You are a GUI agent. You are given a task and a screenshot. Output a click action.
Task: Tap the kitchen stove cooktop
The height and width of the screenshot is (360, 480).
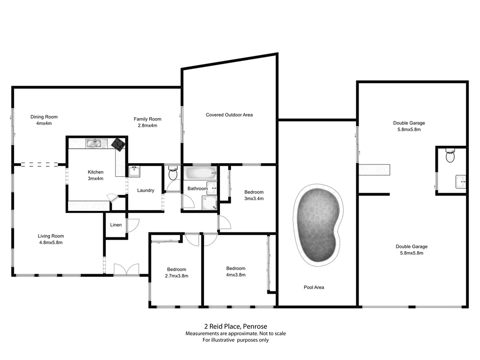[118, 144]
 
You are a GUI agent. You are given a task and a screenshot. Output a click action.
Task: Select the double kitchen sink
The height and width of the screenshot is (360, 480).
[94, 143]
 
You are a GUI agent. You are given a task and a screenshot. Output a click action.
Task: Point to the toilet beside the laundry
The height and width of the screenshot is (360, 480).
[172, 175]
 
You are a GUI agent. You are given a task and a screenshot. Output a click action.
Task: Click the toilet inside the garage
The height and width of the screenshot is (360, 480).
[450, 156]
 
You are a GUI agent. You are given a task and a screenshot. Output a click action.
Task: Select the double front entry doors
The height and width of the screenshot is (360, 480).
[127, 269]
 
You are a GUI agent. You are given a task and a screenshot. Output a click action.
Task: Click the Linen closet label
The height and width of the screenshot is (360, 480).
[116, 225]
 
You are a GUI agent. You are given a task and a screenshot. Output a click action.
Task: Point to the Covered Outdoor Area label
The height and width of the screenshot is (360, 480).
[229, 115]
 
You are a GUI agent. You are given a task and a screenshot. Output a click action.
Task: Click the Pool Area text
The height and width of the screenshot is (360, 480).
[314, 287]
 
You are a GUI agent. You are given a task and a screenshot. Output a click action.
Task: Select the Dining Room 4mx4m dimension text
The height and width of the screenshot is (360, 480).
[44, 124]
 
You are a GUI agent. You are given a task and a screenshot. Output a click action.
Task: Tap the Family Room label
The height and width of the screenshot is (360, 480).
[147, 119]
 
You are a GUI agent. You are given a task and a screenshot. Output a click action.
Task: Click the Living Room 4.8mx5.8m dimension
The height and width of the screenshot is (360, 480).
[51, 242]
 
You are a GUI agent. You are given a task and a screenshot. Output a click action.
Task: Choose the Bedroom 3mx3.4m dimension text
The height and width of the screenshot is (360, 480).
[254, 198]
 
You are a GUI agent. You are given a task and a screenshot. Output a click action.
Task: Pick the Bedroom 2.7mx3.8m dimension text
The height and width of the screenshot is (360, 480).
[177, 276]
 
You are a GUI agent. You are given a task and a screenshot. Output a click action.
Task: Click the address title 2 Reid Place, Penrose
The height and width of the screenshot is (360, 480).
[235, 326]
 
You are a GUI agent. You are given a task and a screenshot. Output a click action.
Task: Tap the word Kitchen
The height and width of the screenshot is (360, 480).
[95, 172]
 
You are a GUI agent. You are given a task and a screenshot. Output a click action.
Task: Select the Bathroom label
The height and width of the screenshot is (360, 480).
[197, 188]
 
